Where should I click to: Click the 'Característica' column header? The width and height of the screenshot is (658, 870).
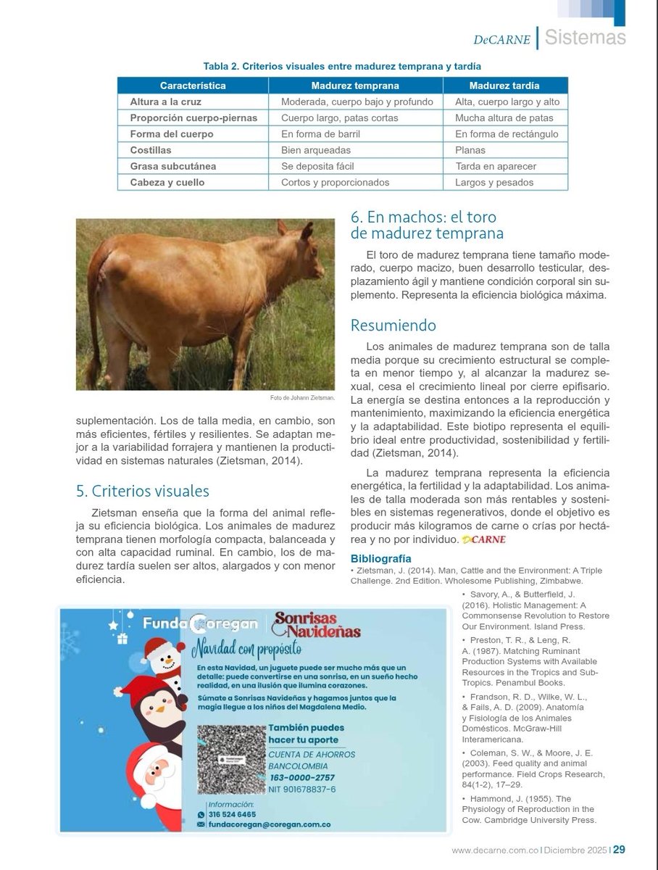click(193, 86)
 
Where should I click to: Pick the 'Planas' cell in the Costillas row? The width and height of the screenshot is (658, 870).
click(470, 150)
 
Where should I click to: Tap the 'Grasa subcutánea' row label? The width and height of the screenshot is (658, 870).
click(172, 166)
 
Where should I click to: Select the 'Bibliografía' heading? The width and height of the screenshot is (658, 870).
click(380, 558)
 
